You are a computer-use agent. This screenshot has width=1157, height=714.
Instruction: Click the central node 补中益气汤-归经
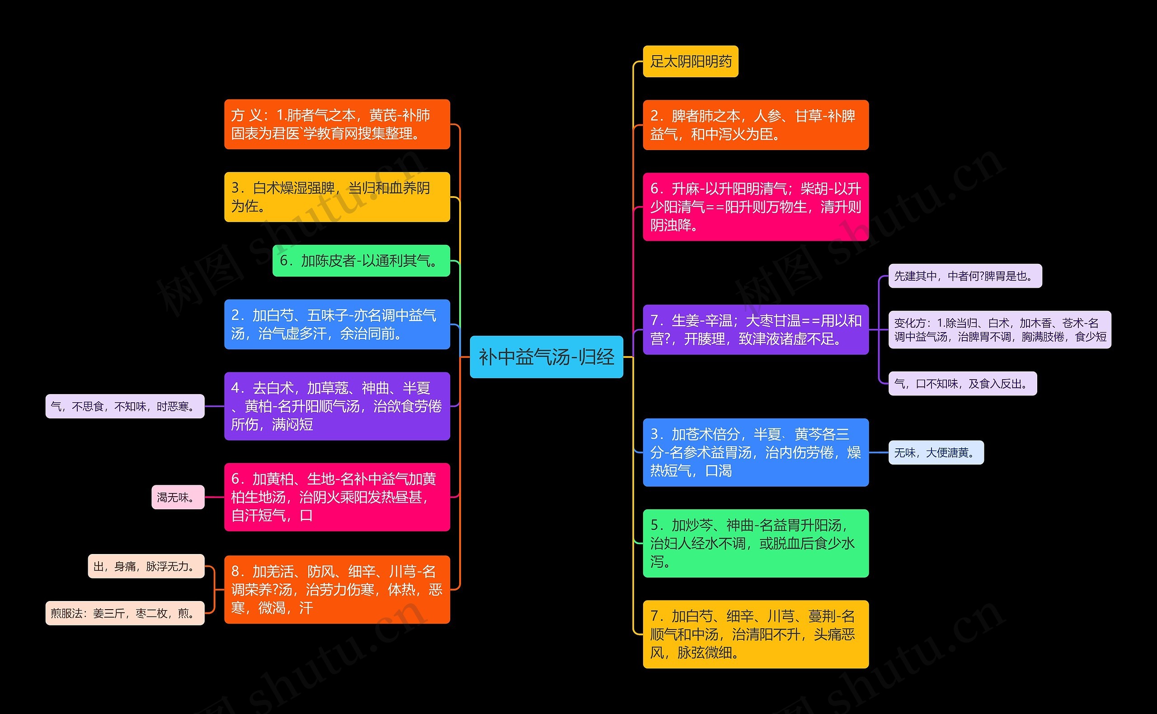546,357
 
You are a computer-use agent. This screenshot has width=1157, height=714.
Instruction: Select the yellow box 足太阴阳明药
691,61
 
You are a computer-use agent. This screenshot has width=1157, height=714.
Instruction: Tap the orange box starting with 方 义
337,124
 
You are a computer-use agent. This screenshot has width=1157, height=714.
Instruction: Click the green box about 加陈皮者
361,261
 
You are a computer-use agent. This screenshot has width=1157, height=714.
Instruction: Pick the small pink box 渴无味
178,497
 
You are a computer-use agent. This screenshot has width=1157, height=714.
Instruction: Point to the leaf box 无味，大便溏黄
936,452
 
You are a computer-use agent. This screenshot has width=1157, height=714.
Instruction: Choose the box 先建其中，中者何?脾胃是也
965,276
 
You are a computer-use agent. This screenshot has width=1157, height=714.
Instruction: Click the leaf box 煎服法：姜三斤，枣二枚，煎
125,613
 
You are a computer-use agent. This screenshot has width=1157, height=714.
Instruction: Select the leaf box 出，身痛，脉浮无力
146,566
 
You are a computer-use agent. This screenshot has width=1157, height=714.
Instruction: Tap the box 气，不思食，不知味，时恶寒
125,406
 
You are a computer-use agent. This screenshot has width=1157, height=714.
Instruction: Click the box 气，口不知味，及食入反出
963,384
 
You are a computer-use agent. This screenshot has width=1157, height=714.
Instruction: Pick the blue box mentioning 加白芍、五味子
337,324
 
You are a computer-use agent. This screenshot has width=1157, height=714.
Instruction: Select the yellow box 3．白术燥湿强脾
337,197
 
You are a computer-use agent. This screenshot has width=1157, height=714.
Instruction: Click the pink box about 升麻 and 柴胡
756,207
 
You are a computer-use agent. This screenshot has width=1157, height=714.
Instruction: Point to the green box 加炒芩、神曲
756,543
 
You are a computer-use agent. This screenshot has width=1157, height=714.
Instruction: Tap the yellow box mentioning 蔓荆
756,634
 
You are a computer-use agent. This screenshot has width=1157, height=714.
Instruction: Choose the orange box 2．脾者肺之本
756,125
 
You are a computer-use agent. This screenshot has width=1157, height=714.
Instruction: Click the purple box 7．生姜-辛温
756,329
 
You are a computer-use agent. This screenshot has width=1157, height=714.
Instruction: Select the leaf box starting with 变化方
1000,329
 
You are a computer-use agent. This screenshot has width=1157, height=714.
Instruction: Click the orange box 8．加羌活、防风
337,589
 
